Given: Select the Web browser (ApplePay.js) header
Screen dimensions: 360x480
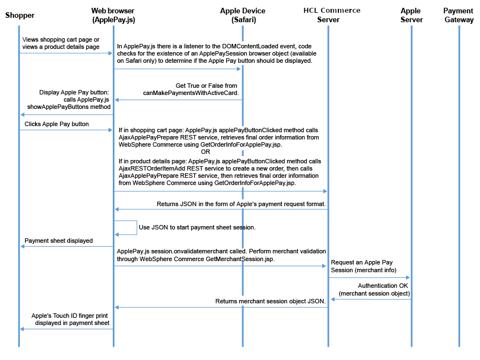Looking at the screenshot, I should point(113,15).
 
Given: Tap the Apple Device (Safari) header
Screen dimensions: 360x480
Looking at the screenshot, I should point(243,15).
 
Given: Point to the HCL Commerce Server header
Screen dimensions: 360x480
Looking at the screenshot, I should point(332,15).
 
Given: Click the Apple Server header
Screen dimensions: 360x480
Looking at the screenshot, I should point(411,15).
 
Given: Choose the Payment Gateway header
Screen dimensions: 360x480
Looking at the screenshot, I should point(458,15).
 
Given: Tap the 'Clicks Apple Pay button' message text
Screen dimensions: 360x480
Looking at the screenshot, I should point(57,123).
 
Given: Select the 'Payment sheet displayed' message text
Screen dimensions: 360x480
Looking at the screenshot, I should point(58,241).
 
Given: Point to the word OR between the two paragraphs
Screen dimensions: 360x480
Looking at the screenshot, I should point(206,152).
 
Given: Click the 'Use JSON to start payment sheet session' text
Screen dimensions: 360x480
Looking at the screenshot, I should point(197,227).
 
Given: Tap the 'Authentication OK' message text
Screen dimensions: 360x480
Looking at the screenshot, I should point(383,286).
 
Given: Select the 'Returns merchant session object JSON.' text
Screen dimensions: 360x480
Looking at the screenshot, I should point(270,301).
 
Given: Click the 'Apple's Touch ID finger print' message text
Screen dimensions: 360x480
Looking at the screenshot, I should point(70,314).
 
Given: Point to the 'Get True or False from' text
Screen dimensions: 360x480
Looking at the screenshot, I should point(206,86).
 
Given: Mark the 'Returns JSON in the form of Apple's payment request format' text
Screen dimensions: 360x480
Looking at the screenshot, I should point(241,203).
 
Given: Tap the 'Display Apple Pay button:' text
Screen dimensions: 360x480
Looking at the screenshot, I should point(75,92).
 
